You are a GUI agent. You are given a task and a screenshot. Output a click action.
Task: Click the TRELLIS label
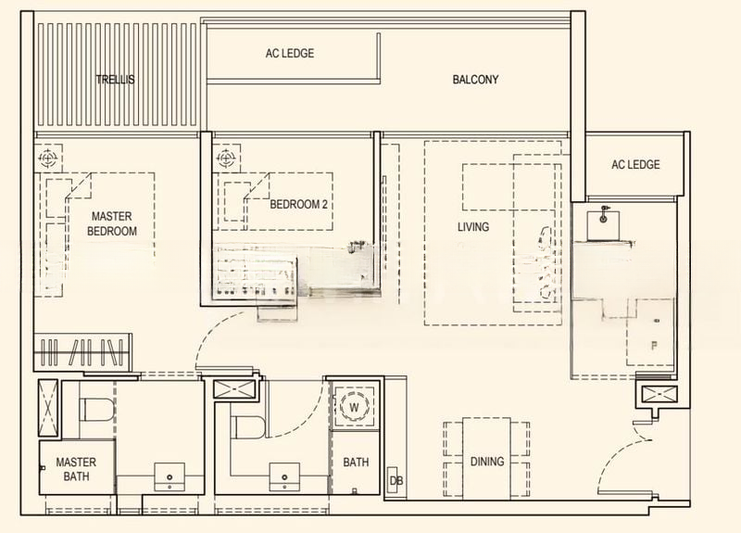(115, 80)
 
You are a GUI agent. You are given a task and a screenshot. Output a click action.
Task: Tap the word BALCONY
(475, 80)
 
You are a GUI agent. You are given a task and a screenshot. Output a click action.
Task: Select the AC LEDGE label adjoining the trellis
(290, 54)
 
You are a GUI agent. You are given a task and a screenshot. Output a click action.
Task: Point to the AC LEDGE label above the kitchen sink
(635, 165)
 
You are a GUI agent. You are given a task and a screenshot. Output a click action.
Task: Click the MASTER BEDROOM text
(114, 223)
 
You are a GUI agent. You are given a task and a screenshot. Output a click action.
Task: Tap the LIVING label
(472, 227)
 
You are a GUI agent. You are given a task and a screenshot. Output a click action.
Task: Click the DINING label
(486, 461)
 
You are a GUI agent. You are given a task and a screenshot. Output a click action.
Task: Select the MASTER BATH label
(76, 469)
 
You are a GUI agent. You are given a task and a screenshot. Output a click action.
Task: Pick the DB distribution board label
(396, 480)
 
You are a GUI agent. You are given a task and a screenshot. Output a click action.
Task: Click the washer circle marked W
(353, 407)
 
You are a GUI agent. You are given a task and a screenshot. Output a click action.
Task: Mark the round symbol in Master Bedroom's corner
(48, 159)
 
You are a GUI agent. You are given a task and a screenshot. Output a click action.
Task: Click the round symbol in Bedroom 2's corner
(224, 159)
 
